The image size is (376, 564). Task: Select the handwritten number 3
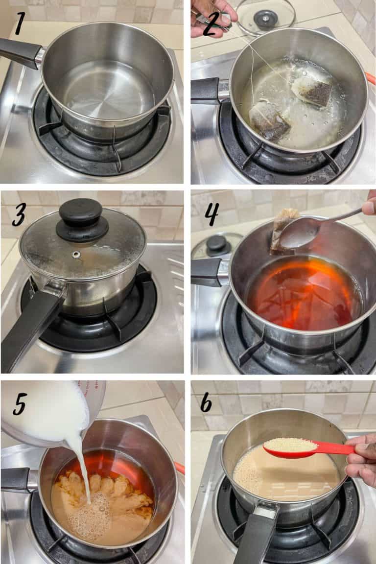(x=19, y=215)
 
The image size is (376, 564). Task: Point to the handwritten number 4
(x=211, y=214)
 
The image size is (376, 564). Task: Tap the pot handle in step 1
(x=21, y=52)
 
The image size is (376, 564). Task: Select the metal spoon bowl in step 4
(x=298, y=234)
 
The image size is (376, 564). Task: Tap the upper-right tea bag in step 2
(x=312, y=92)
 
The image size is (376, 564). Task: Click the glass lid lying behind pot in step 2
(x=266, y=16)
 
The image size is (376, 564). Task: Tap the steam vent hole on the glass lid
(x=76, y=255)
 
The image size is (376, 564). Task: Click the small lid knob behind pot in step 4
(x=218, y=246)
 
